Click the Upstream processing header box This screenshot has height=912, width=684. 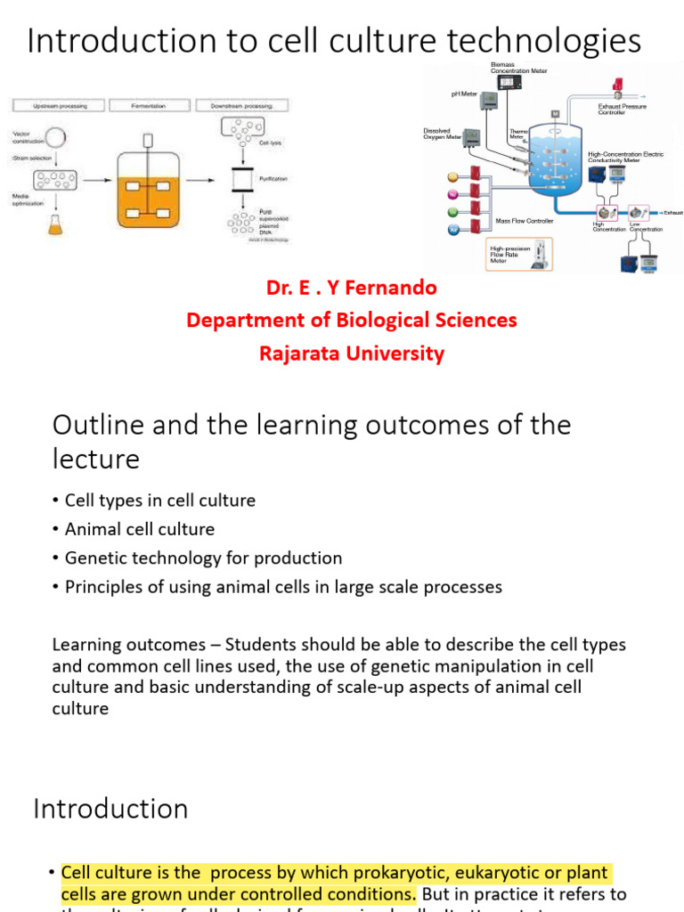(59, 106)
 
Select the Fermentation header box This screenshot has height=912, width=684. (147, 106)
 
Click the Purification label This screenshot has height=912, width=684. (273, 179)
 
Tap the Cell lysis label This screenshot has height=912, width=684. (271, 143)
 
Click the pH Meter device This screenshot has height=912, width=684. (489, 102)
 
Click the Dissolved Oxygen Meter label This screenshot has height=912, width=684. (442, 133)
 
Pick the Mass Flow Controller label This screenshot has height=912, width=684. (525, 220)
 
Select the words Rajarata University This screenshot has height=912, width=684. (351, 353)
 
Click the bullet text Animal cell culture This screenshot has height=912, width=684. (140, 529)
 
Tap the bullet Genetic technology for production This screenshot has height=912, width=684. (203, 558)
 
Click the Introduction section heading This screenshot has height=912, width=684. (110, 809)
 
